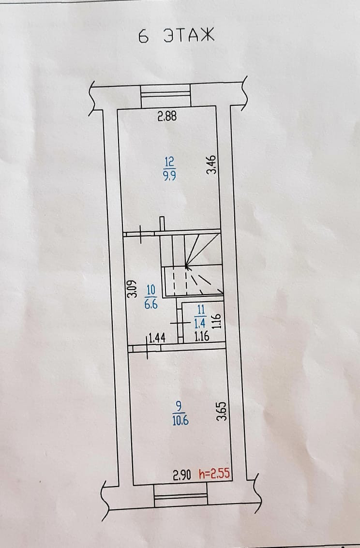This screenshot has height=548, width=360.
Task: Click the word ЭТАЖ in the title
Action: pos(188,36)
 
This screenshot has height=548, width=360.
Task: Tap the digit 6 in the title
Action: pos(143,37)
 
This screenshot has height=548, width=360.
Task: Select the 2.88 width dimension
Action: pos(167,116)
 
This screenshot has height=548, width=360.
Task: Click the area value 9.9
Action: pos(169,176)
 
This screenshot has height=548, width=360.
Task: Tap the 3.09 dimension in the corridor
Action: pos(131,289)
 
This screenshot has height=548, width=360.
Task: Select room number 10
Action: pos(150,290)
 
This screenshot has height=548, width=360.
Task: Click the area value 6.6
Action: pos(150,305)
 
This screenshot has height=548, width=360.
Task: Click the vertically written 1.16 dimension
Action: pos(217,321)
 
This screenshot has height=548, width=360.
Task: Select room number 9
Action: pos(180,405)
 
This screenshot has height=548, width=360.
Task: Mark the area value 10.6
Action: pos(180,420)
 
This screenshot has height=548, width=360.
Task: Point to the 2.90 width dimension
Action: pos(183,475)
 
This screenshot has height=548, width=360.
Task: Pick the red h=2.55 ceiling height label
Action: pos(214,475)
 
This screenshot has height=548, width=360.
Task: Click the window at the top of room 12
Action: pos(165,96)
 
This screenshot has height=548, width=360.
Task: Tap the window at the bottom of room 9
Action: pos(180,497)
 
